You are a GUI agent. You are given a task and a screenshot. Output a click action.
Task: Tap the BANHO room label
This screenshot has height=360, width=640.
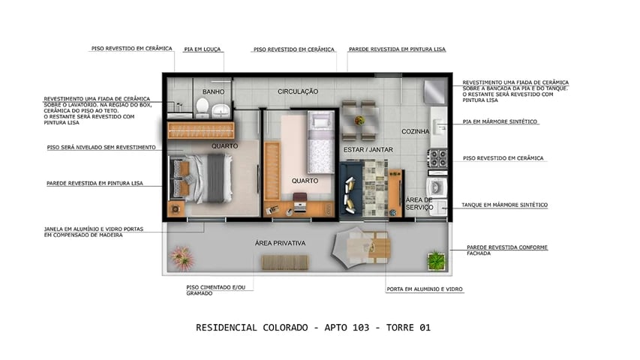pos(213,92)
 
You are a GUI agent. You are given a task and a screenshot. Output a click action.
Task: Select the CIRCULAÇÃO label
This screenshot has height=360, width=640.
pos(298,91)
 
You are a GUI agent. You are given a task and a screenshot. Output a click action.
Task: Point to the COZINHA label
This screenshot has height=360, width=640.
pos(415,131)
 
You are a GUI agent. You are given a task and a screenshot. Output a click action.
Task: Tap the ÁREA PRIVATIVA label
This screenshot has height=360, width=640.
pos(280,243)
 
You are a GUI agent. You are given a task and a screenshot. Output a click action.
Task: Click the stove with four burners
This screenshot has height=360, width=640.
pos(437,158)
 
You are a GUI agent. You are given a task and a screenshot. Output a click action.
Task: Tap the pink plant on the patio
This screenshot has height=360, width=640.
pos(182,257)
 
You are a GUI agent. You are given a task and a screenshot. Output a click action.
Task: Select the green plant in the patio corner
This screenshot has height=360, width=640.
pos(436,260)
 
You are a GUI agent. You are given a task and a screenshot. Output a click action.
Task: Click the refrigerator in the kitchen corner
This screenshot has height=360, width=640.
pos(434,93)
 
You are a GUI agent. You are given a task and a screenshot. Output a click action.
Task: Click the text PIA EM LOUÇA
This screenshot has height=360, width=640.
pos(203,49)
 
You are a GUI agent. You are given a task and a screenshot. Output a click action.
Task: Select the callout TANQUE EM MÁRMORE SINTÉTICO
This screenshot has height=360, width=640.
pos(505,205)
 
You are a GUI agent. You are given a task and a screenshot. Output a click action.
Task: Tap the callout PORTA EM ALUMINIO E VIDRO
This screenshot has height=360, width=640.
pos(424,289)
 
